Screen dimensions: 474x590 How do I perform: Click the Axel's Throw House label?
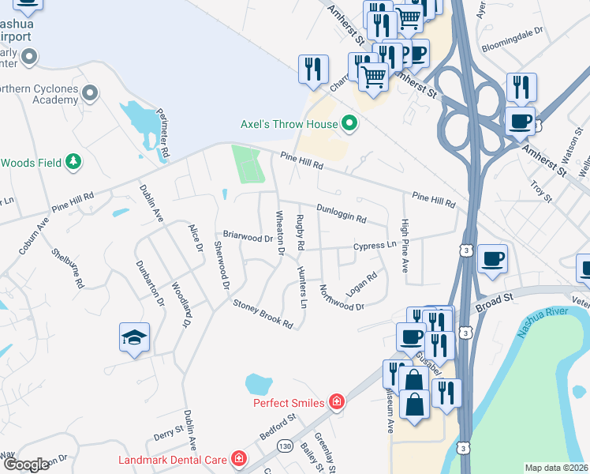coord(289,124)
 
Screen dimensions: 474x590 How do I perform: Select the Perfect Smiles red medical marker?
coord(337,402)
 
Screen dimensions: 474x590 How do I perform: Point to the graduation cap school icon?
coord(134,338)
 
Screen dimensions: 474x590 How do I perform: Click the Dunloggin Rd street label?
coord(342,213)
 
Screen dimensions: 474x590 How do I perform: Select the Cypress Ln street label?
coord(375,246)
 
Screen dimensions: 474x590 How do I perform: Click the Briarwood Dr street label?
coord(247,236)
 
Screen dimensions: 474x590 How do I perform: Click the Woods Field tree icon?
coord(74,162)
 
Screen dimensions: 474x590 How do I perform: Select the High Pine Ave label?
coord(405,246)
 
